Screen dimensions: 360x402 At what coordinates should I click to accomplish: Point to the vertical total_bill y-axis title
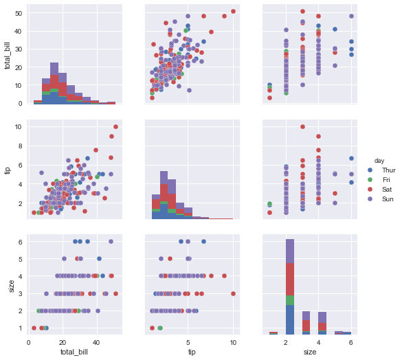click(8, 56)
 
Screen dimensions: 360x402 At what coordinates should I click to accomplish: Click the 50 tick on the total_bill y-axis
click(19, 13)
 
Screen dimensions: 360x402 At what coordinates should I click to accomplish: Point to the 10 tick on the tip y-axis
click(19, 126)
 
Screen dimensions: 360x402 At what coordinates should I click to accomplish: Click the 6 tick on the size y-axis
click(21, 241)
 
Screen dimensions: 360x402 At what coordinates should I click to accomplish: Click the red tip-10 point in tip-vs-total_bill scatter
click(115, 126)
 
